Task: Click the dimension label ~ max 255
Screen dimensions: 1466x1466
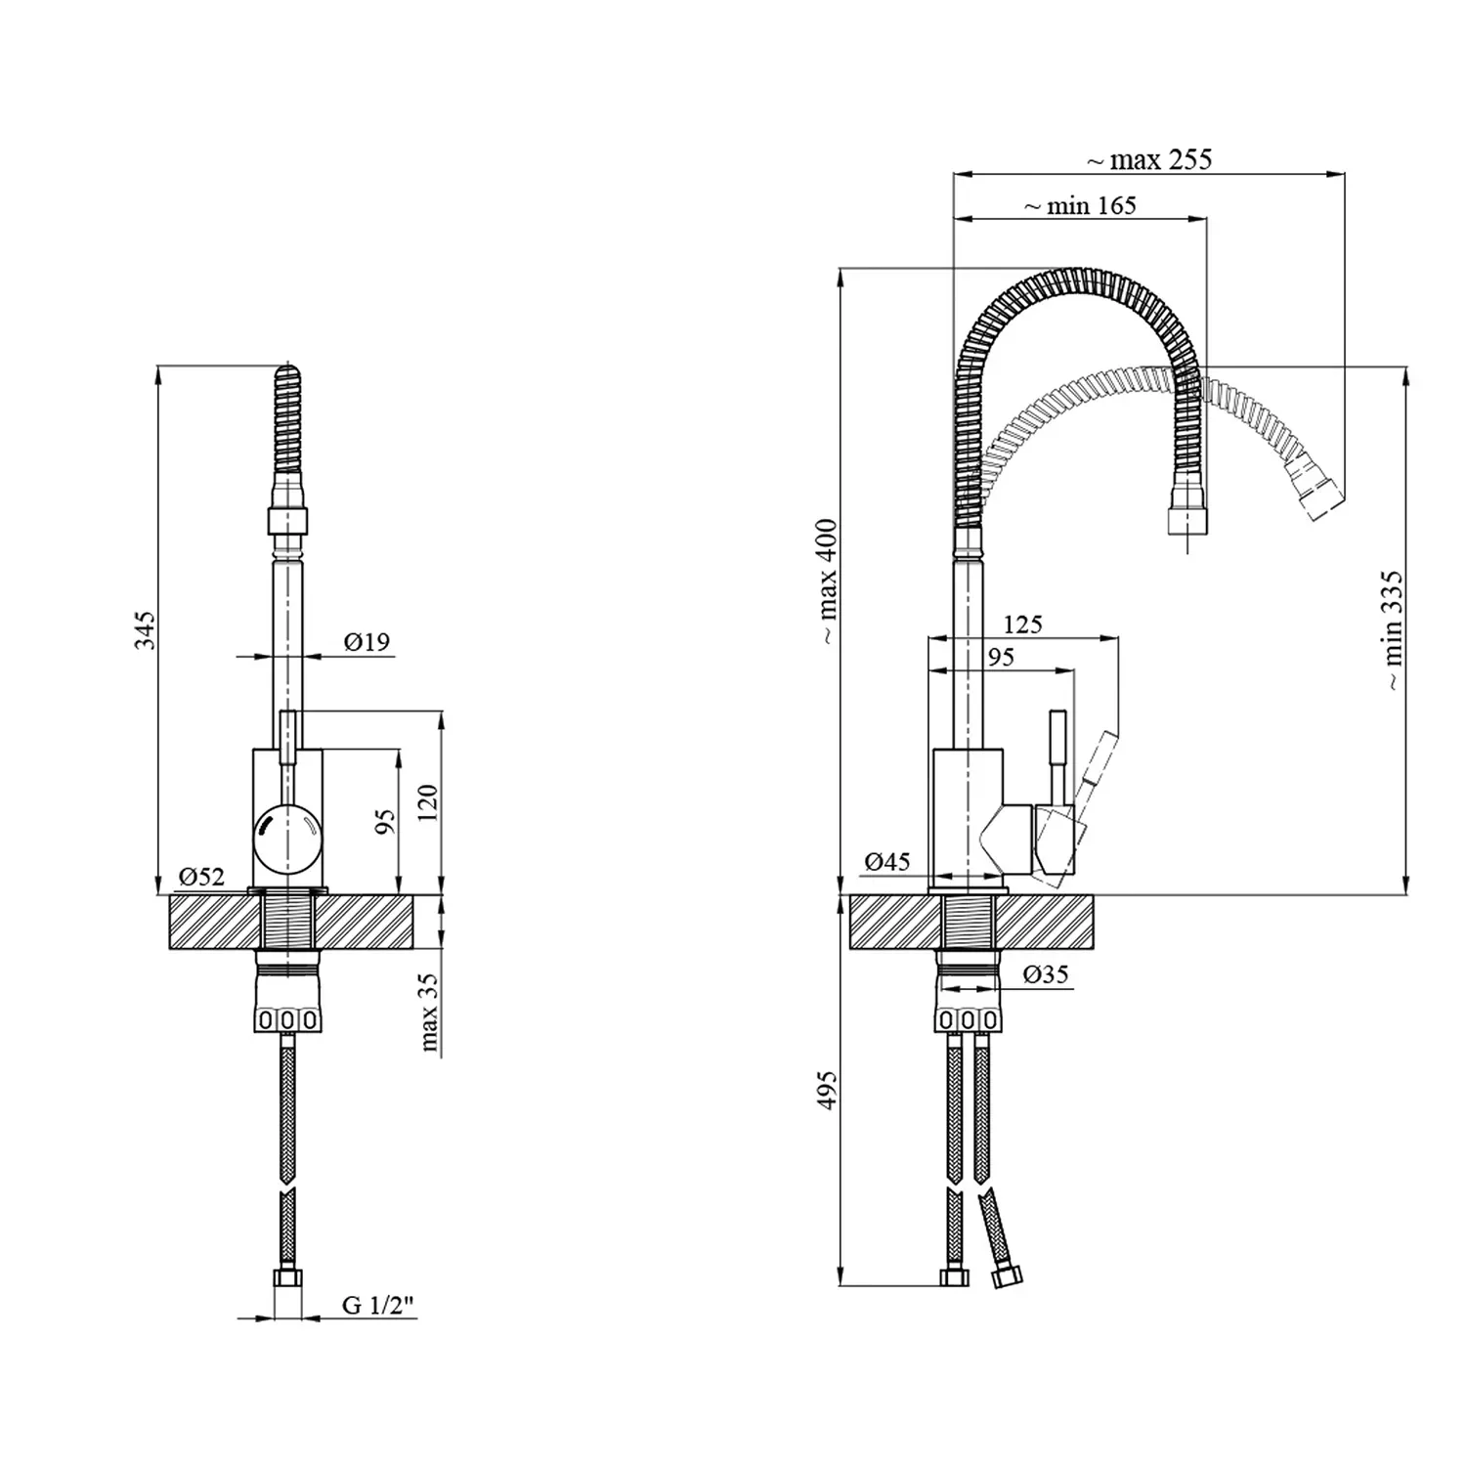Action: tap(1149, 159)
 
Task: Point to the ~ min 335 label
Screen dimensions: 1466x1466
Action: tap(1392, 631)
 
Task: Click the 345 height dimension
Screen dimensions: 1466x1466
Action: tap(145, 630)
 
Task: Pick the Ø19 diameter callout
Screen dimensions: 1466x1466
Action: tap(366, 642)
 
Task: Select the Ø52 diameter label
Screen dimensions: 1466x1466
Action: tap(201, 876)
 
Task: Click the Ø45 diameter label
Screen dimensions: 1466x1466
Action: tap(887, 861)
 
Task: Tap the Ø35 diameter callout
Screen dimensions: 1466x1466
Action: tap(1046, 974)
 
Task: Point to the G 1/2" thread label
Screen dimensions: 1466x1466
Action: tap(378, 1305)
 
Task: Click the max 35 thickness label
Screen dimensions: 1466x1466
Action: tap(429, 1013)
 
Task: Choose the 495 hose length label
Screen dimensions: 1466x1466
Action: tap(828, 1090)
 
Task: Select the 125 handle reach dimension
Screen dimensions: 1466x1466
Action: tap(1022, 625)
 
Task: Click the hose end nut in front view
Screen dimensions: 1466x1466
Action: tap(287, 1277)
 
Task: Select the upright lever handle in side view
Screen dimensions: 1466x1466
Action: tap(1057, 757)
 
